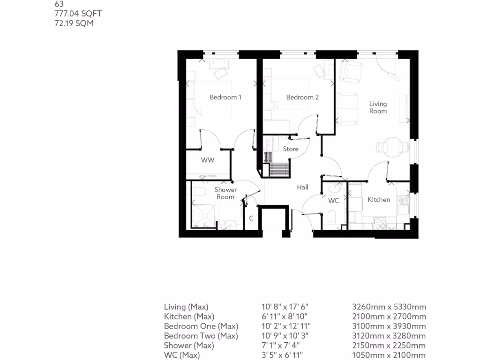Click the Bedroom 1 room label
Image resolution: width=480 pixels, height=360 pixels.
225,97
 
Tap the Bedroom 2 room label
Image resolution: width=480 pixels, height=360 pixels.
302,97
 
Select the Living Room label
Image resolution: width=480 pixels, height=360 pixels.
378,107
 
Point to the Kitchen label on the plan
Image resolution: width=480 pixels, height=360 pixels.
378,200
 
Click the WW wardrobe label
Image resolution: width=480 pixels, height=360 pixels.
208,160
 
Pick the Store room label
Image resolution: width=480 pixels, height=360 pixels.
291,149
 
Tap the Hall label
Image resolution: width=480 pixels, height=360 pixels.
302,187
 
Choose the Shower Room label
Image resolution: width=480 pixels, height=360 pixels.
225,193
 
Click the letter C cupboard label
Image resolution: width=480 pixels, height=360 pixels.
251,218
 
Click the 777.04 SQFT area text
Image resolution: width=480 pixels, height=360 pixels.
78,14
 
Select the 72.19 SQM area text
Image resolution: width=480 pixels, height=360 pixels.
74,23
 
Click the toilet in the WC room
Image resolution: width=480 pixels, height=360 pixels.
331,217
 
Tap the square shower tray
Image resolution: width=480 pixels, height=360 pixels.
204,213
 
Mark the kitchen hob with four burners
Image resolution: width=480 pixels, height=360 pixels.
379,223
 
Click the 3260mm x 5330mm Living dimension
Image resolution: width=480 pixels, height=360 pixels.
389,307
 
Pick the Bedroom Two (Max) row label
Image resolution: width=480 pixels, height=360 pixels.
201,336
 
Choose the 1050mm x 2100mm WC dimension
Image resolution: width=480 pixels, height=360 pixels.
389,355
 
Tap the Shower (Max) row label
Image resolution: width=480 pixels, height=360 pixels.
189,345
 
